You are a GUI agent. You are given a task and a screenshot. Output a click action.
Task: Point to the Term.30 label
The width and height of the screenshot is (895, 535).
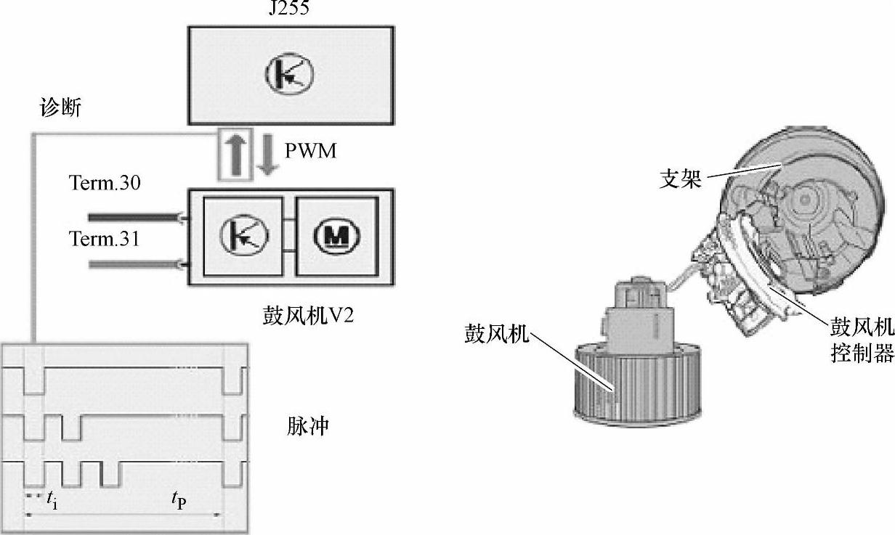[105, 184]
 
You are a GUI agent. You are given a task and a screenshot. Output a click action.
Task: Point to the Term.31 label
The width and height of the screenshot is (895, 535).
[105, 237]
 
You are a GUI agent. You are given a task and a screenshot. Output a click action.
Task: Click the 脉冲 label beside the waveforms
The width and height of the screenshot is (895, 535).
[307, 425]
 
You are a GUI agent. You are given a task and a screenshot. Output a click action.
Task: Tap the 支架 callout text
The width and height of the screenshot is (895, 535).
[681, 179]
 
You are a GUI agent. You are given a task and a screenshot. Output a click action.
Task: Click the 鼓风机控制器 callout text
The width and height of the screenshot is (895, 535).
[862, 342]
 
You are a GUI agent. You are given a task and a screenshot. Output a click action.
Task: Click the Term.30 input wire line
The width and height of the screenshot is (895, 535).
[134, 216]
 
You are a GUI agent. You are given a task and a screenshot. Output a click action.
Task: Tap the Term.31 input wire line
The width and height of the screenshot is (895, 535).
[134, 265]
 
